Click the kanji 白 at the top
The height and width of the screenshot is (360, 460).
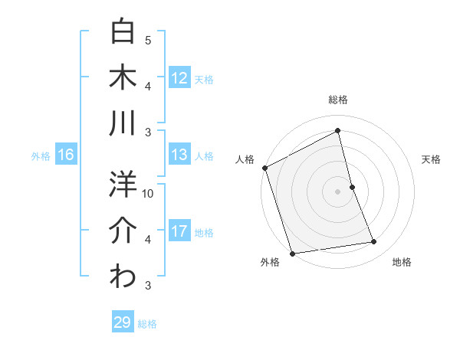tap(123, 31)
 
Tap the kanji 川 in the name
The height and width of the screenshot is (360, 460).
tap(123, 123)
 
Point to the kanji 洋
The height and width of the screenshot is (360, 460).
tap(123, 185)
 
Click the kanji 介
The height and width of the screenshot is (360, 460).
tap(123, 231)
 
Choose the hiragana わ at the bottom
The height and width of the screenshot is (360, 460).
tap(123, 277)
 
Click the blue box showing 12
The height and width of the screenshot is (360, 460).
tap(179, 77)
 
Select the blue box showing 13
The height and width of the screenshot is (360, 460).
tap(179, 155)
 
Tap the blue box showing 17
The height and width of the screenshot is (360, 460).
tap(179, 231)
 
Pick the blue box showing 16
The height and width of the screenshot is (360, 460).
tap(65, 155)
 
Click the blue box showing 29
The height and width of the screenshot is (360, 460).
tap(122, 322)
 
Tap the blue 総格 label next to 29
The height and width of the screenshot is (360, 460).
tap(147, 324)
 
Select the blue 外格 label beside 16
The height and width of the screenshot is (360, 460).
tap(41, 156)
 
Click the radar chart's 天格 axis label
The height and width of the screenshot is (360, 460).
tap(432, 159)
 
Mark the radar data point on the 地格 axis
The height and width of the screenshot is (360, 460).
tap(374, 242)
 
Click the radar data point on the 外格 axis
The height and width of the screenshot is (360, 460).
tap(292, 253)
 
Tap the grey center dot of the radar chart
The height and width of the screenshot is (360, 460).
tap(337, 191)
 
